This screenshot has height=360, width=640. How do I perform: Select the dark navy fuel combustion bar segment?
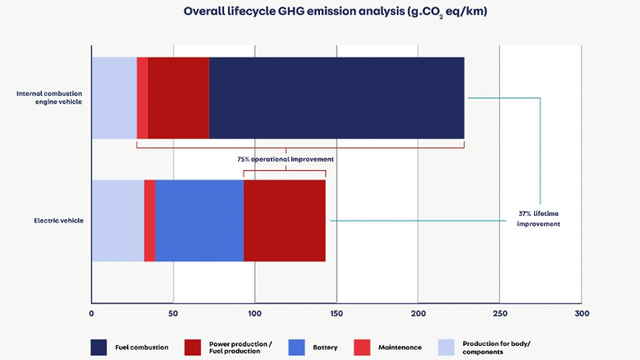click(336, 97)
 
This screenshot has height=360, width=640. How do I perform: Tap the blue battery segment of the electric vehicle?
click(199, 220)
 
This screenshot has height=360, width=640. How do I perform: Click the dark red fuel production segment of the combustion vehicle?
click(178, 97)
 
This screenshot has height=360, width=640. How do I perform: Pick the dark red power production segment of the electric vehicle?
click(284, 220)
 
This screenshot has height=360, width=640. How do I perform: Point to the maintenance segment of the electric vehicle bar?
click(149, 220)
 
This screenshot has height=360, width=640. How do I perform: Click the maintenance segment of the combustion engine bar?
click(142, 97)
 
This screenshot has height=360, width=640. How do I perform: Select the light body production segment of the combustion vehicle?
click(114, 97)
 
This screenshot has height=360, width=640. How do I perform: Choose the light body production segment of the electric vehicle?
click(117, 220)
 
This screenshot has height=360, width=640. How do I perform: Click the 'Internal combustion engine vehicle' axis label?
click(48, 97)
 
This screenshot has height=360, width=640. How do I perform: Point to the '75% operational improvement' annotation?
click(286, 158)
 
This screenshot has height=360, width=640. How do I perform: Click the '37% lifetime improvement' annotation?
click(538, 218)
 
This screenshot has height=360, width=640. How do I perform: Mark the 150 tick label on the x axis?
click(337, 314)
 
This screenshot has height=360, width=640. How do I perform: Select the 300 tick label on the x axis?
click(582, 314)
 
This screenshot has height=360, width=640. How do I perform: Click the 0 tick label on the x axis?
click(92, 314)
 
